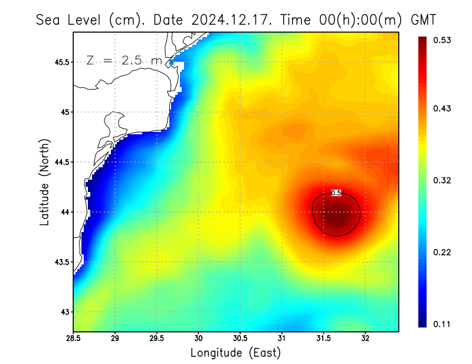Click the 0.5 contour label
336,193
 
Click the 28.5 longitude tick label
74,339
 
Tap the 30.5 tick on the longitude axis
240,339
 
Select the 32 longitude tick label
365,339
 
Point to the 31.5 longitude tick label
323,339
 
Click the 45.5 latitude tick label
60,62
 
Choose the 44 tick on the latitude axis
64,212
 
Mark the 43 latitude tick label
64,312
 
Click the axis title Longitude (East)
235,353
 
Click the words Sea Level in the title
70,19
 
